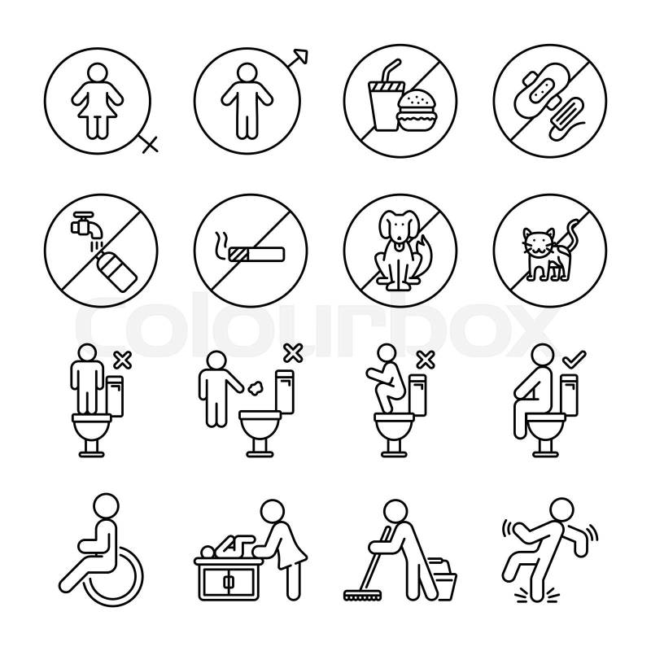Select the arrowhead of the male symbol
(x=301, y=56)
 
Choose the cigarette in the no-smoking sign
(x=256, y=255)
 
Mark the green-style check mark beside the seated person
(x=574, y=359)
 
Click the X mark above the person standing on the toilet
(x=123, y=360)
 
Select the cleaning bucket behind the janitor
(x=443, y=579)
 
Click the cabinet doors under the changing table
(x=228, y=582)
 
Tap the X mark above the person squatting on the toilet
(x=426, y=360)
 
